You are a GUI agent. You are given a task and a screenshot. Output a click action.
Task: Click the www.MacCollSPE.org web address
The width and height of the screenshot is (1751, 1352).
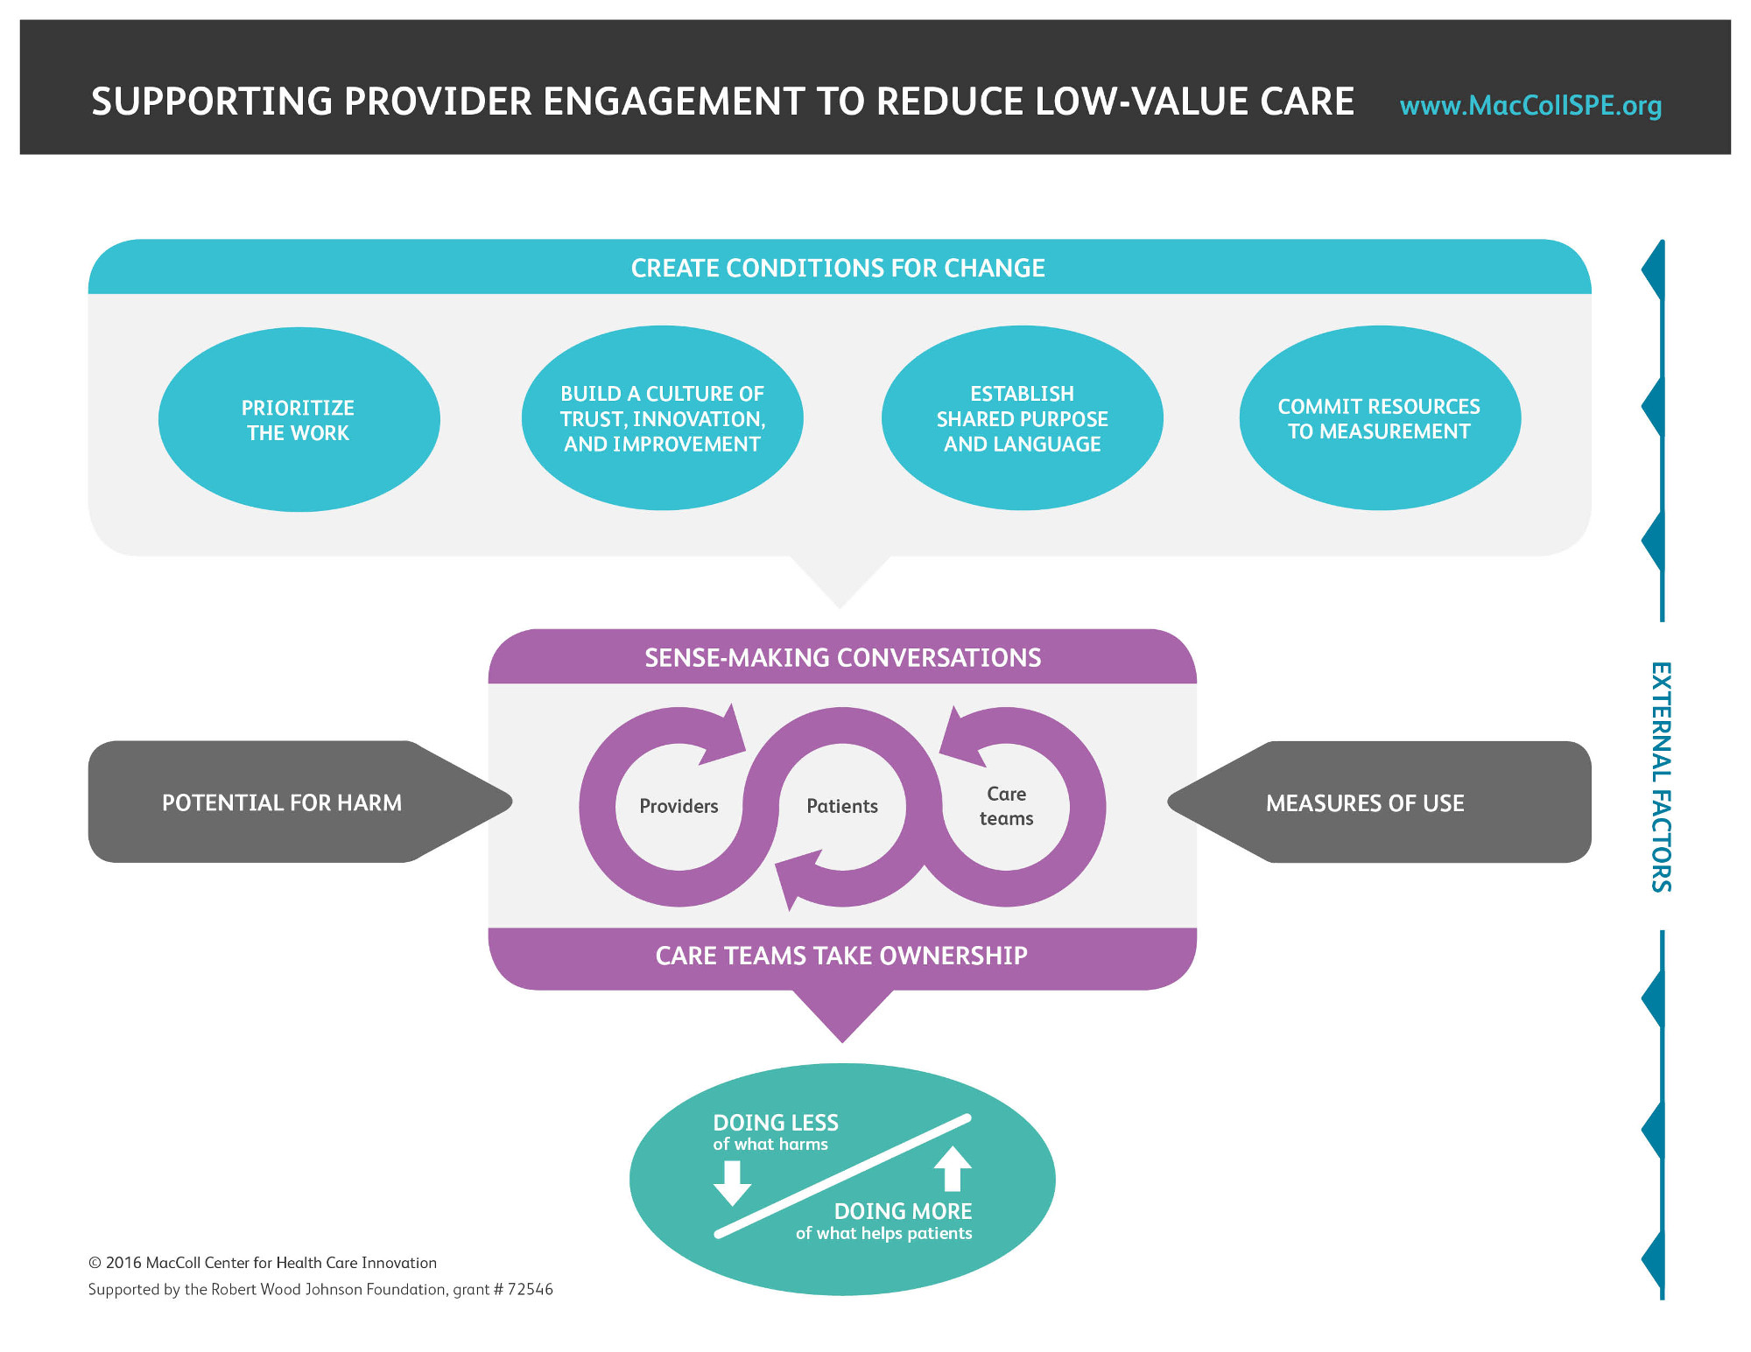pos(1530,106)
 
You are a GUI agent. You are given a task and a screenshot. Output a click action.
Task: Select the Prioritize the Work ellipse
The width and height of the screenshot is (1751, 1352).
pos(299,420)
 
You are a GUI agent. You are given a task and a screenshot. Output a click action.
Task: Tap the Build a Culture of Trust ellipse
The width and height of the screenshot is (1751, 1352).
pos(663,419)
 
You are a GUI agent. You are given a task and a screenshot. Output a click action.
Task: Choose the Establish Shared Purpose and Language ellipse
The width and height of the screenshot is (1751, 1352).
pos(1022,419)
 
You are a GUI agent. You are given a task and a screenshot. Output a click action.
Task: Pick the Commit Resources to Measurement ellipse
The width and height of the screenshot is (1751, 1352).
pos(1379,419)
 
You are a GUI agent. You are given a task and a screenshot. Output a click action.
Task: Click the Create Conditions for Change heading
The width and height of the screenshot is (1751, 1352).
pos(838,268)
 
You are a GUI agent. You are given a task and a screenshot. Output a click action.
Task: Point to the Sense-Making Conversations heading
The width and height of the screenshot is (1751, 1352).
pos(842,658)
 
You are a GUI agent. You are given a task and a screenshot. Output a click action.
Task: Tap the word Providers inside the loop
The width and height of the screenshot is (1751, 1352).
pos(679,806)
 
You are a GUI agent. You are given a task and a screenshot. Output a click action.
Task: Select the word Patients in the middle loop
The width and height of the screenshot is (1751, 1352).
pos(842,806)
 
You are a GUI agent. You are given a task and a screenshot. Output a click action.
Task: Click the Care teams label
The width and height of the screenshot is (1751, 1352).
pos(1006,806)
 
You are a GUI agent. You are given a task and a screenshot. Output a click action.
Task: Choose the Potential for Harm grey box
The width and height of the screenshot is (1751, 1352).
pos(282,802)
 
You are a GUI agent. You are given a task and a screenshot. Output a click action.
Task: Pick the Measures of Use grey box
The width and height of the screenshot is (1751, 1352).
pos(1365,803)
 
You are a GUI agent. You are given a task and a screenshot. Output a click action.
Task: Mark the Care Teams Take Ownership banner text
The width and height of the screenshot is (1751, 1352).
pos(841,956)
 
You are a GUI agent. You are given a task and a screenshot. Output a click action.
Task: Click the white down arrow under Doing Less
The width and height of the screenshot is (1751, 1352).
pos(732,1183)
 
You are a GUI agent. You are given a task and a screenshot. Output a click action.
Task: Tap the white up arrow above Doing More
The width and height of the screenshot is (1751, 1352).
pos(953,1169)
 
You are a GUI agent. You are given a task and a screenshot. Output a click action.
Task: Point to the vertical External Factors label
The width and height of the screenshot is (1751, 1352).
pos(1661,777)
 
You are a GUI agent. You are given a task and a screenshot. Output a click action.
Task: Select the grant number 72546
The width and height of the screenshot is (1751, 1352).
pos(530,1290)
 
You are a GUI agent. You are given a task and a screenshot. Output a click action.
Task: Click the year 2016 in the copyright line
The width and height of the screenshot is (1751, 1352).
pos(123,1263)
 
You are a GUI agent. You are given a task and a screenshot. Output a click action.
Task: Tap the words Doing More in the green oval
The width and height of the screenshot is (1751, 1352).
pos(903,1211)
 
